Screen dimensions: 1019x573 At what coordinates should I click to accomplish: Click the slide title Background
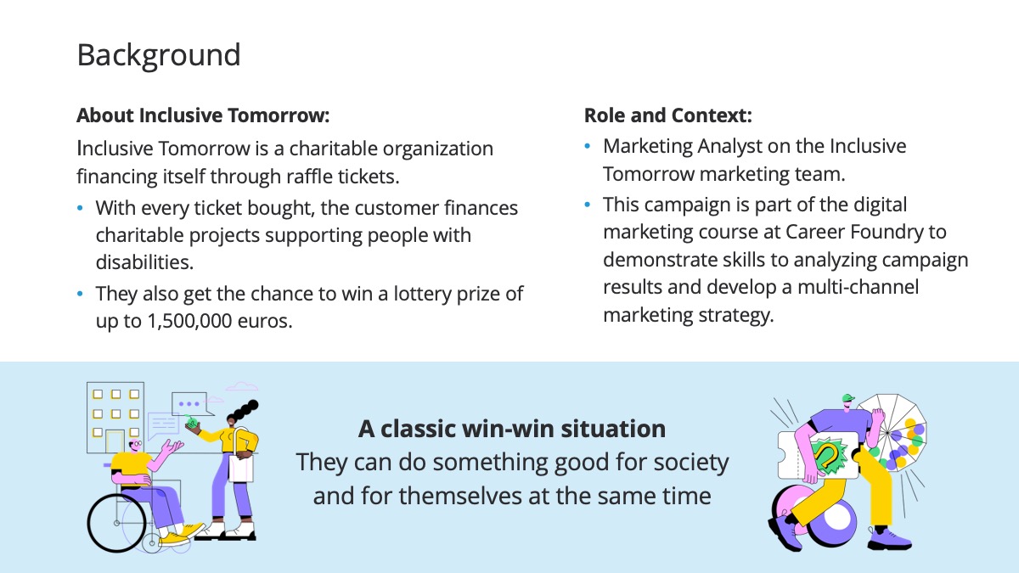159,55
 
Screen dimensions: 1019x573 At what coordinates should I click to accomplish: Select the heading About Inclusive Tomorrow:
203,115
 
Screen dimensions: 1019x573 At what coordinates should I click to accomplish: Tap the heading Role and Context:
667,115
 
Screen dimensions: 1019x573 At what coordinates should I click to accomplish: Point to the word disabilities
144,262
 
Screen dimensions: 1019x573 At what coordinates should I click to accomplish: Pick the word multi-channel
858,287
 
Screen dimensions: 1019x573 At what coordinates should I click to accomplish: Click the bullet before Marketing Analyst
588,146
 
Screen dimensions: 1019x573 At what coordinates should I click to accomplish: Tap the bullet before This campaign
588,205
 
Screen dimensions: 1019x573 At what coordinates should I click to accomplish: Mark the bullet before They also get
80,294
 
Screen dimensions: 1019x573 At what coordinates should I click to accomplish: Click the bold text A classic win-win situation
512,429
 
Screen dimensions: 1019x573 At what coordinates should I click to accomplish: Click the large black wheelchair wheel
117,523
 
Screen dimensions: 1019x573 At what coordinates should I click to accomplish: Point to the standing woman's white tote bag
240,468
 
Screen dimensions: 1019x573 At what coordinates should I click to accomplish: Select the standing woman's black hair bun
245,409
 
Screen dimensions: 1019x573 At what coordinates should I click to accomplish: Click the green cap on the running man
848,398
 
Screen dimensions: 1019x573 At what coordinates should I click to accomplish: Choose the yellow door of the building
115,441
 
